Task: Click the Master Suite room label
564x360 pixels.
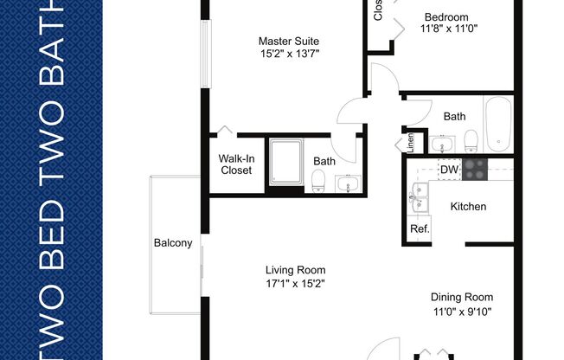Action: [290, 40]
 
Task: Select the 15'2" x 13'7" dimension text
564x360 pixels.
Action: [290, 53]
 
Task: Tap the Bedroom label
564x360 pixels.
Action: [445, 17]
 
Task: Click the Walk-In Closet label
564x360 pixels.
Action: [235, 164]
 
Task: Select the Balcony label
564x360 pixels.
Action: [173, 243]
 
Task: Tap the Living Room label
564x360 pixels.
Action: [295, 269]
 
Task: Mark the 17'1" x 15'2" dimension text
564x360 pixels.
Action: [295, 283]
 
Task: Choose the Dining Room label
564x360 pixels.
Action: [462, 296]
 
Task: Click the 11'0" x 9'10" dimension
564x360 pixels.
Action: [462, 310]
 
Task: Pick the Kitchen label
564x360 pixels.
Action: [468, 207]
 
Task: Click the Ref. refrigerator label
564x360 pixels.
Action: [420, 229]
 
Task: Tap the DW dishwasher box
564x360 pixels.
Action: [448, 170]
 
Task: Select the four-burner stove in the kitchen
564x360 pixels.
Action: [475, 169]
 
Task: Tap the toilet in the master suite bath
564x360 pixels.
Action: [317, 181]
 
